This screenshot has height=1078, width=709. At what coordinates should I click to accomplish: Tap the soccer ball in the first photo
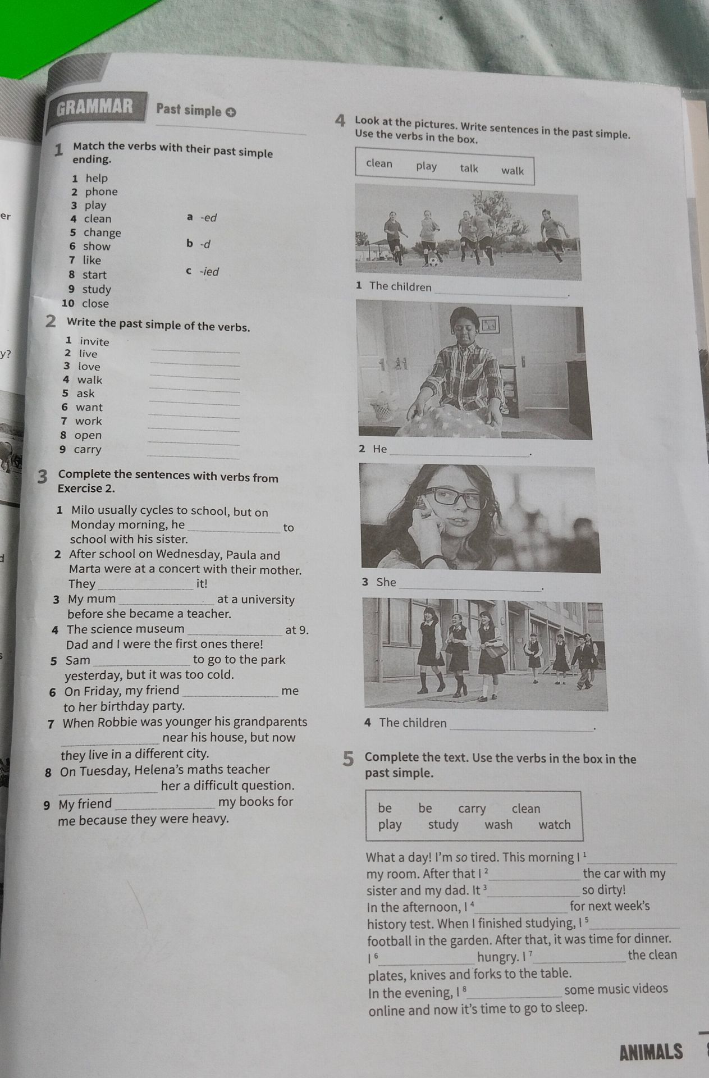click(x=433, y=261)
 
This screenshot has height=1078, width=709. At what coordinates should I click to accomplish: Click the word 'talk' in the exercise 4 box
click(x=469, y=168)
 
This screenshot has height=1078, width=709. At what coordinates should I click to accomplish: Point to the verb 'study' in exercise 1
click(x=97, y=289)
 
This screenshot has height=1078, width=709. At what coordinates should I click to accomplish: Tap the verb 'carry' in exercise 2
click(x=88, y=449)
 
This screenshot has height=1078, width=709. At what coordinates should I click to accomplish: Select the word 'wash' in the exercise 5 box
click(x=498, y=824)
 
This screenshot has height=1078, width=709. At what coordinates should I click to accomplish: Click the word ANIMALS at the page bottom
click(x=651, y=1052)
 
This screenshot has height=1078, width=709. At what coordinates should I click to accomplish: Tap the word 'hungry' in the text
click(x=497, y=957)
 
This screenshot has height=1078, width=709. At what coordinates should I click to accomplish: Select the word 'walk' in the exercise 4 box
click(x=513, y=171)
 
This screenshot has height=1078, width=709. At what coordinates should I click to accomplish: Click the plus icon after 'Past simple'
click(x=231, y=112)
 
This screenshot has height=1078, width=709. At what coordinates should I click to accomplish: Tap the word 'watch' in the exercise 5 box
click(x=554, y=825)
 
